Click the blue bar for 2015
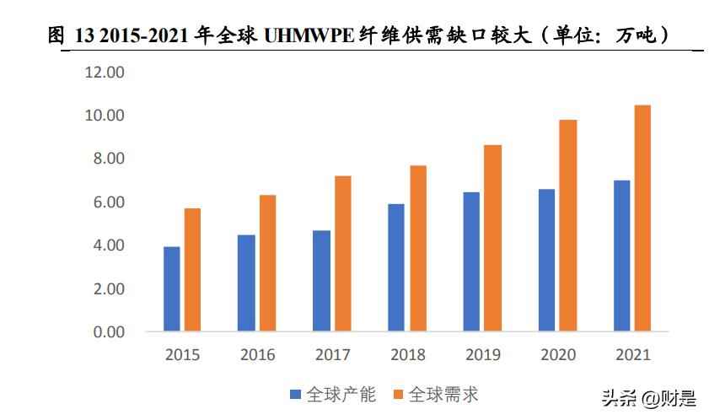click(x=171, y=288)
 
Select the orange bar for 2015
click(x=192, y=269)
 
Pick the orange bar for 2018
click(x=417, y=248)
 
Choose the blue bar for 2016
click(x=246, y=283)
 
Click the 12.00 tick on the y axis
click(x=104, y=73)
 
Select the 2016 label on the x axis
click(x=257, y=355)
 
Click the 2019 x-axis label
click(x=482, y=355)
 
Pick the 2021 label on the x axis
click(x=632, y=355)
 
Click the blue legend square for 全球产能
click(x=295, y=395)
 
